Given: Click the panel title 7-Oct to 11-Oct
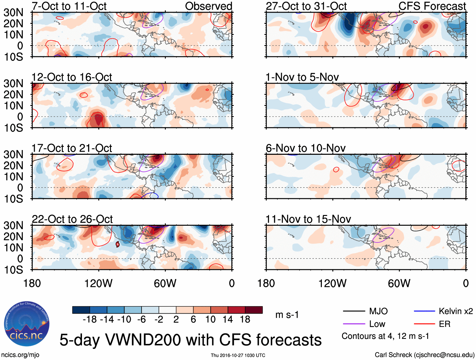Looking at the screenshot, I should click(x=69, y=6).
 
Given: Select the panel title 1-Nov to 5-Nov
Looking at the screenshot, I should click(x=302, y=77).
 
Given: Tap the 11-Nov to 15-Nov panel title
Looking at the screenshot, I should click(x=308, y=219).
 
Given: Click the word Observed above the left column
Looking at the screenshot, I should click(x=208, y=6).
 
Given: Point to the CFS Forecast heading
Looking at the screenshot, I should click(x=432, y=6).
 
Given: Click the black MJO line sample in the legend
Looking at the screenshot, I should click(x=354, y=311).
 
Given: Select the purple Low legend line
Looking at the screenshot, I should click(x=354, y=324).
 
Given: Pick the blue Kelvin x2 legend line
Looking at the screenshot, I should click(x=424, y=311).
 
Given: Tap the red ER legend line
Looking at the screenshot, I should click(x=424, y=324).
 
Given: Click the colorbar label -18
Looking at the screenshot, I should click(x=90, y=320).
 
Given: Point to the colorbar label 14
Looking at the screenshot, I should click(x=228, y=320).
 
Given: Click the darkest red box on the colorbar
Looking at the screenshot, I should click(x=254, y=310).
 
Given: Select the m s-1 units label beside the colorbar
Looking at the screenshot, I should click(x=287, y=315).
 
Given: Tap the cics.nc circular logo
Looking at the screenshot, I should click(x=27, y=324).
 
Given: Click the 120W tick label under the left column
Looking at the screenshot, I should click(x=98, y=283).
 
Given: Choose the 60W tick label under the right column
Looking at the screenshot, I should click(x=399, y=283).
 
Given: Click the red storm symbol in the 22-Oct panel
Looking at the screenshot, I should click(x=118, y=244).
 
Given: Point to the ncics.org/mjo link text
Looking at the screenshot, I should click(x=20, y=355).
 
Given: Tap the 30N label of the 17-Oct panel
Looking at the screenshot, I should click(x=13, y=154).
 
